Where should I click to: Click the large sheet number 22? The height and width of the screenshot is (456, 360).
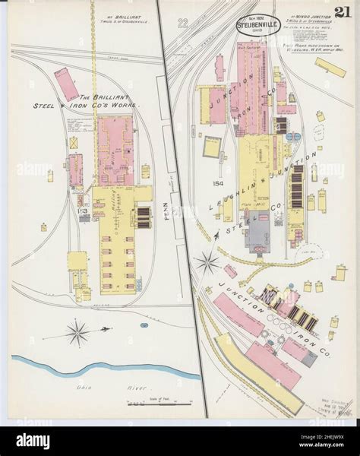click(x=180, y=24)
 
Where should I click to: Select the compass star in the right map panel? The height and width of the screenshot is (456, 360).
click(x=206, y=263)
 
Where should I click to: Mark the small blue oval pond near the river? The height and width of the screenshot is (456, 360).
click(x=144, y=324)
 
